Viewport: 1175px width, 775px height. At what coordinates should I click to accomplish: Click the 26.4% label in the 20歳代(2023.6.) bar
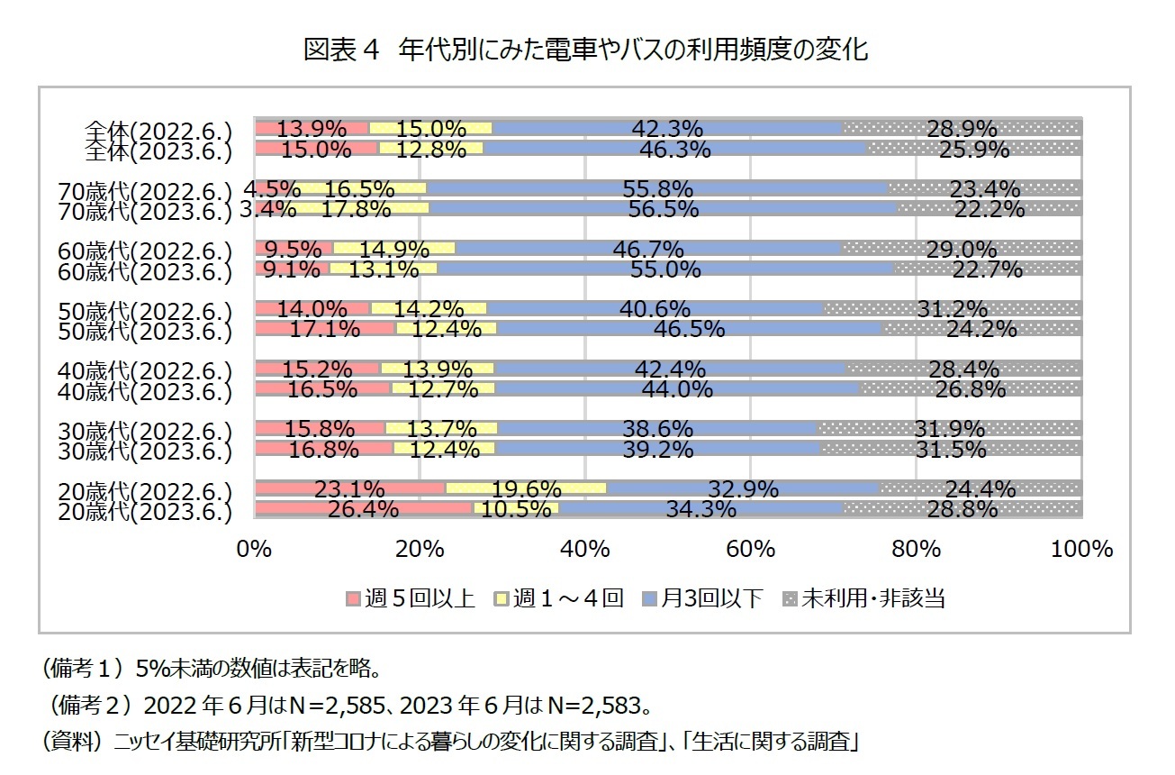[x=343, y=510]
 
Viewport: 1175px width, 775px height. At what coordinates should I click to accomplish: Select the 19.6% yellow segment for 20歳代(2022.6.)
[x=526, y=488]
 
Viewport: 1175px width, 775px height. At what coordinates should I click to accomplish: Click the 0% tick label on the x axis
[x=255, y=549]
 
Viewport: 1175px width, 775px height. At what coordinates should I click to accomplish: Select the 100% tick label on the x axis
[x=1080, y=549]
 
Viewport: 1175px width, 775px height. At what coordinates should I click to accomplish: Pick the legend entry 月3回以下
[x=703, y=598]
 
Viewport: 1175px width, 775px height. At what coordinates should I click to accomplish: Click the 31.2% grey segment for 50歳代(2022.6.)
[x=953, y=309]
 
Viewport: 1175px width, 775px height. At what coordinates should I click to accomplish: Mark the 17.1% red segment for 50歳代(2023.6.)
[x=325, y=329]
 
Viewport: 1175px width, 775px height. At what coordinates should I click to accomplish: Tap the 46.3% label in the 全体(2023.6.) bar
[x=673, y=150]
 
